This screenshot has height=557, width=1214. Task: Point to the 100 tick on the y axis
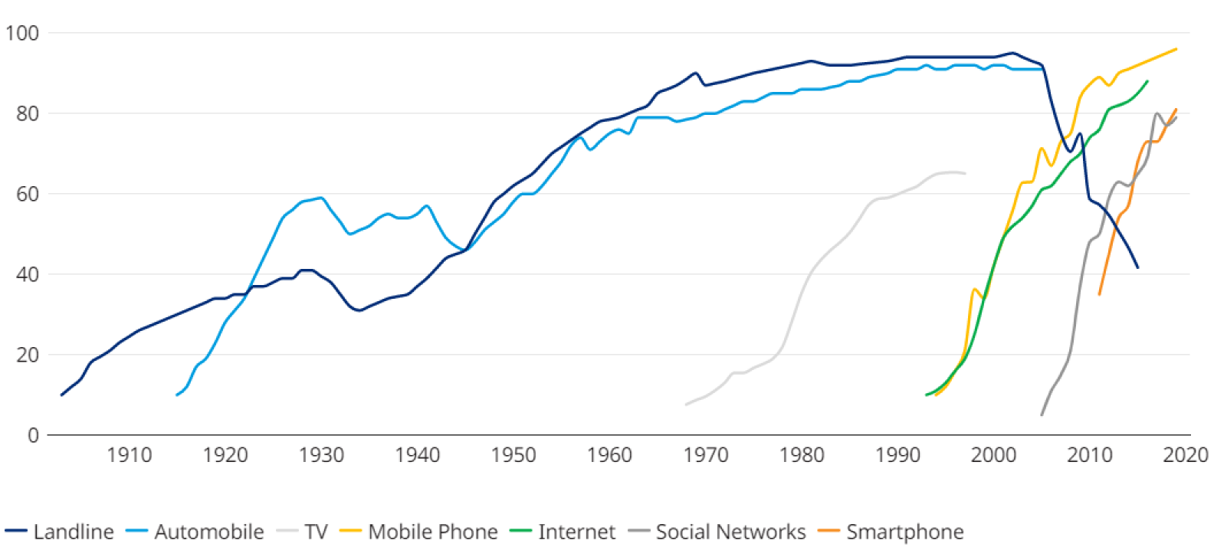click(21, 33)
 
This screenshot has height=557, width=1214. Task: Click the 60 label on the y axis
click(27, 194)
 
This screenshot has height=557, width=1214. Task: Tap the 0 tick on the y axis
click(33, 435)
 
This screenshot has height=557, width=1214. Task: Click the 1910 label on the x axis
click(129, 455)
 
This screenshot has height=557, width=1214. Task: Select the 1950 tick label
click(513, 455)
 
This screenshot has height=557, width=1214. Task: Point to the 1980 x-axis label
click(802, 455)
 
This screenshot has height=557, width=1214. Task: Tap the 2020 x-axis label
click(1186, 455)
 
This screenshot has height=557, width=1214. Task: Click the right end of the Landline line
click(1138, 267)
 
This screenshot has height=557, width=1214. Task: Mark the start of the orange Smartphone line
click(1099, 294)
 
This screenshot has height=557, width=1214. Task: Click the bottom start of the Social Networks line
click(1042, 414)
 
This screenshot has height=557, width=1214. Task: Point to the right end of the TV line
click(965, 174)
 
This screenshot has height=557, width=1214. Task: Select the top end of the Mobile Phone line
click(1176, 49)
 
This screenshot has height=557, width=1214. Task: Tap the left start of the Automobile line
click(177, 395)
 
